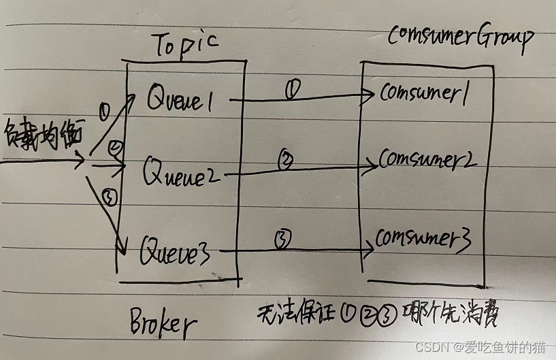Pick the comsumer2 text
pyautogui.click(x=427, y=161)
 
